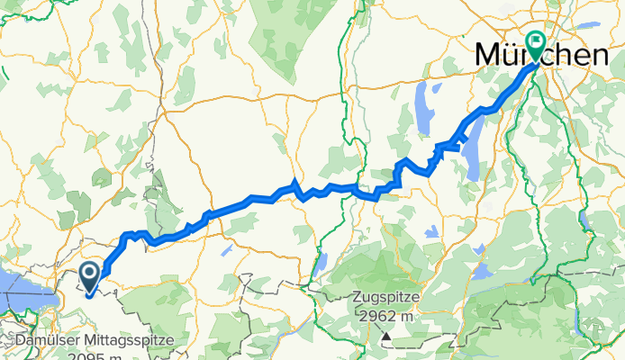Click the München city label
pos(541,56)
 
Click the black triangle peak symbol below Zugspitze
pos(386,337)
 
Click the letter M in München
pos(487,56)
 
